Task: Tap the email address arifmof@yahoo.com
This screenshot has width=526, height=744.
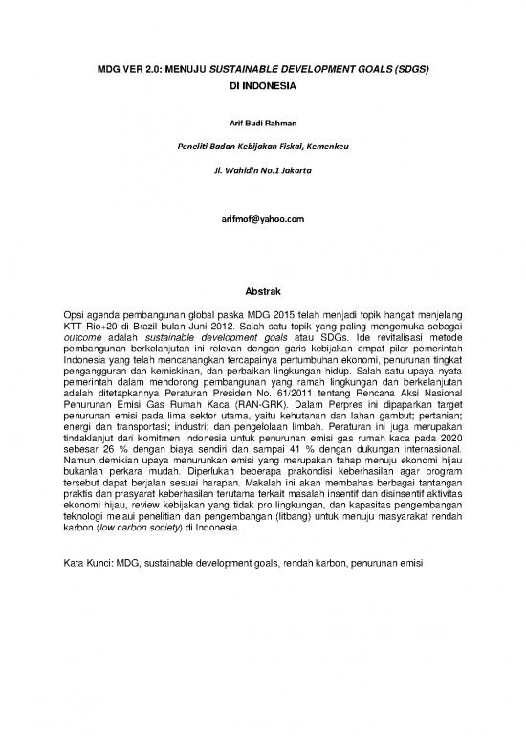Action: [x=262, y=220]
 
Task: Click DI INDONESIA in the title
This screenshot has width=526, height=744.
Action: [x=262, y=85]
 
